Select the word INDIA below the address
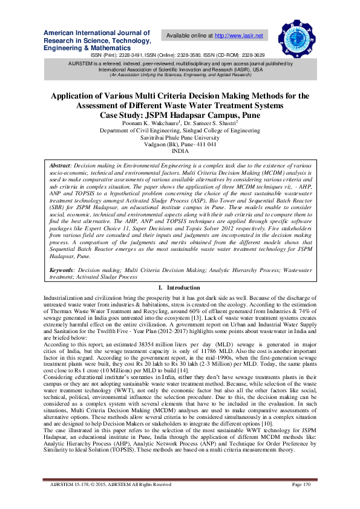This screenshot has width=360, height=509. pyautogui.click(x=180, y=151)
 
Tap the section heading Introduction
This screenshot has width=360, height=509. pyautogui.click(x=183, y=288)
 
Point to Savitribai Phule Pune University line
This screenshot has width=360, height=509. pyautogui.click(x=180, y=137)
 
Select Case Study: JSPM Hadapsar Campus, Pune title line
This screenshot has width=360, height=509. pyautogui.click(x=180, y=114)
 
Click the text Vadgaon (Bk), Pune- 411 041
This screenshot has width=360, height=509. pyautogui.click(x=180, y=144)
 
